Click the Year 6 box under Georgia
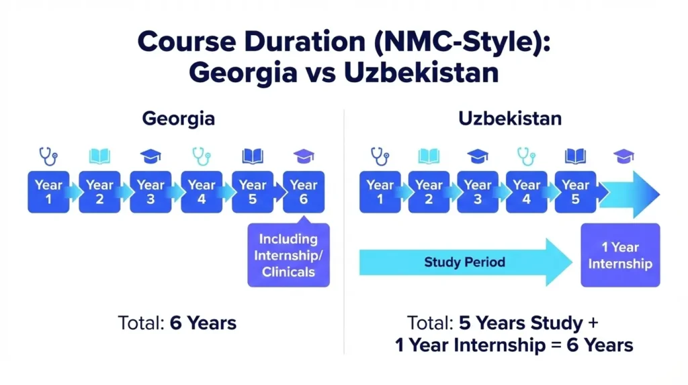(304, 192)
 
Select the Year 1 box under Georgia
(48, 192)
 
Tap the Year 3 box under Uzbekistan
(478, 192)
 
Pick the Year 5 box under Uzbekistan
(575, 192)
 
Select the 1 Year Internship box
(620, 255)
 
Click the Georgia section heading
(179, 119)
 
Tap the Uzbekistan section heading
(510, 119)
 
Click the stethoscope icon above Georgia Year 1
(48, 156)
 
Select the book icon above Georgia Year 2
(99, 157)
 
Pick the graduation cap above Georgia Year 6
(304, 156)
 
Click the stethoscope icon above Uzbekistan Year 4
(527, 156)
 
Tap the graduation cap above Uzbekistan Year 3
(478, 156)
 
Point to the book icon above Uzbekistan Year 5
(575, 157)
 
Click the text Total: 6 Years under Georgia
(177, 322)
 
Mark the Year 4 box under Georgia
(202, 192)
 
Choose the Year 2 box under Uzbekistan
(429, 192)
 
